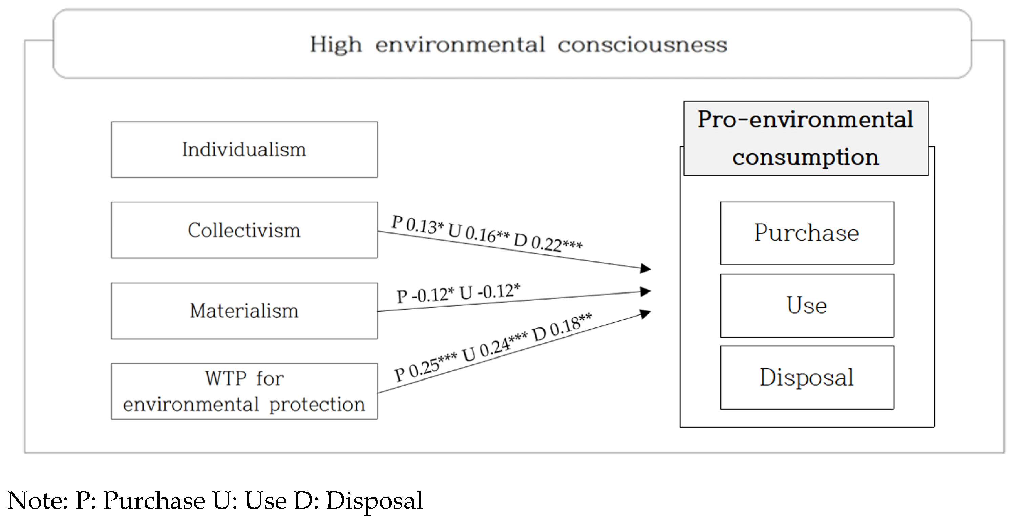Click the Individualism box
(244, 150)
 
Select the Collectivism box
(244, 230)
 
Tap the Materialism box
(244, 310)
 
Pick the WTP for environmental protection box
(244, 391)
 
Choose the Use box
(807, 305)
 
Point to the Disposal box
(807, 377)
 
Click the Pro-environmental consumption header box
(806, 138)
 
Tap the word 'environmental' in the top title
(460, 45)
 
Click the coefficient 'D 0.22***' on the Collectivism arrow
(548, 241)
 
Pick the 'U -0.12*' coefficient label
(489, 291)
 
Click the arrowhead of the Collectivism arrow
(645, 268)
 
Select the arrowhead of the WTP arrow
(645, 314)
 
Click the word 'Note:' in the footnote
(38, 501)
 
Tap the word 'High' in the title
(336, 45)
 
